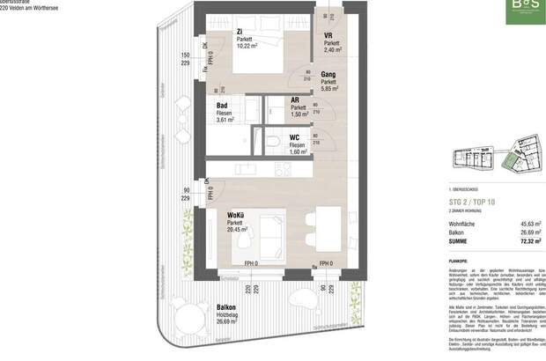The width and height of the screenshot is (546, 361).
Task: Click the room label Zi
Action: [239, 33]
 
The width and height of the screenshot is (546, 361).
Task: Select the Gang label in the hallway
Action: [329, 76]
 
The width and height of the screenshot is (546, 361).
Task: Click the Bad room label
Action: [223, 106]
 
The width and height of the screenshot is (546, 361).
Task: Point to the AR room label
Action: [297, 100]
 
